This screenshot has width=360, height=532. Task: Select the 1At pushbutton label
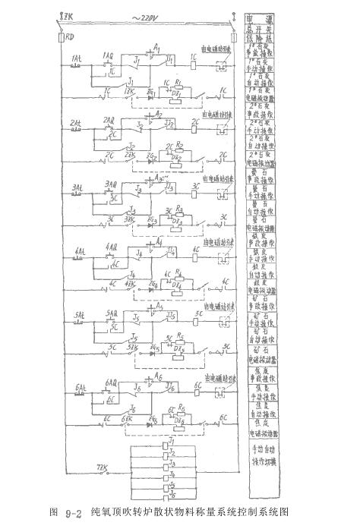[x=77, y=58]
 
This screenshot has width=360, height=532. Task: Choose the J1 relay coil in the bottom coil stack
[x=172, y=440]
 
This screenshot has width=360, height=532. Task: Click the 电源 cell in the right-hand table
[x=261, y=15]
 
